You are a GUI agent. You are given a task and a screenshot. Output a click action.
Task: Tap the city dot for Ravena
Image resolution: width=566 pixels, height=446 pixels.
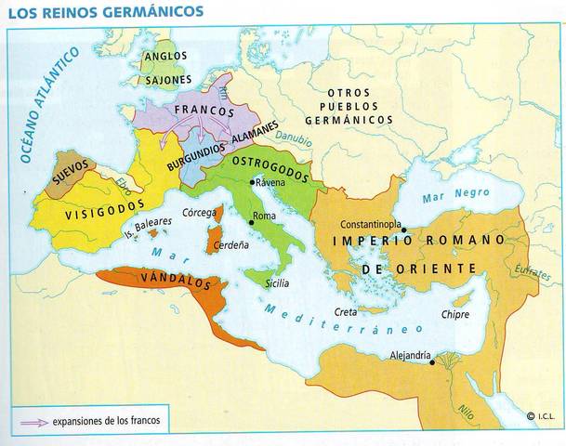[251, 183]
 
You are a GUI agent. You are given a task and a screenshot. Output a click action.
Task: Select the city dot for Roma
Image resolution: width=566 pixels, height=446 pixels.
[251, 223]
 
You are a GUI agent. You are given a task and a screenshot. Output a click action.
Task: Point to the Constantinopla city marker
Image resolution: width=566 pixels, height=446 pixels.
[403, 230]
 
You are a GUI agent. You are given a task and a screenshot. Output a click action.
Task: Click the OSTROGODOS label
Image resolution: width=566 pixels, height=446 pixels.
[270, 163]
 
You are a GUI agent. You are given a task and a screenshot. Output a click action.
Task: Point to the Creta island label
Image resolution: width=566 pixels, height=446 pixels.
[347, 313]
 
